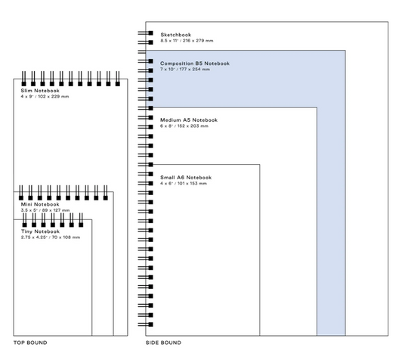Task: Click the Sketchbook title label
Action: (x=176, y=35)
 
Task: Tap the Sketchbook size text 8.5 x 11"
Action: (x=187, y=41)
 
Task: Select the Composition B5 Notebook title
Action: (x=195, y=64)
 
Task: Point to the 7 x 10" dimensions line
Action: (x=185, y=70)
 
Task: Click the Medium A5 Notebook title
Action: (x=189, y=120)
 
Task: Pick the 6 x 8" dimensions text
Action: (x=184, y=126)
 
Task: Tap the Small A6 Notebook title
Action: (x=186, y=178)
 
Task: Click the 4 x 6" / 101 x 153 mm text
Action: (x=184, y=184)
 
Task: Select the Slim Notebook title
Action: (x=40, y=91)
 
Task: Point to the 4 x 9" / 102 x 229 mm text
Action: (x=45, y=97)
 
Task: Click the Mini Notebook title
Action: (x=40, y=204)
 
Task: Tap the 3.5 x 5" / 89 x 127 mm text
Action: (x=45, y=210)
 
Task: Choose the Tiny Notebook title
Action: (x=40, y=231)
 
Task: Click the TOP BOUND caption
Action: (x=30, y=343)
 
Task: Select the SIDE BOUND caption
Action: (x=163, y=343)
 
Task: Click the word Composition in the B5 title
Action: (x=177, y=64)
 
